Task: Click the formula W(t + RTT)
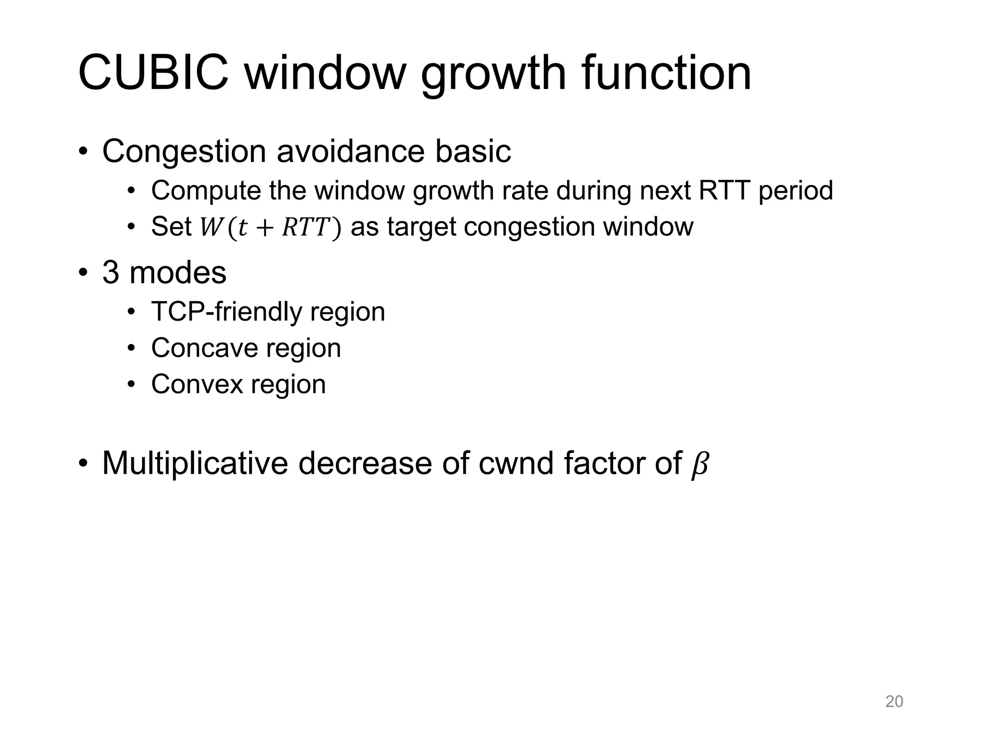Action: pos(270,227)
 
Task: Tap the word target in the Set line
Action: pos(421,227)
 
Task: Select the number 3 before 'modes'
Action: pos(111,273)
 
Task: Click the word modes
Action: pos(178,273)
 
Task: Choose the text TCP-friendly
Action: pos(226,312)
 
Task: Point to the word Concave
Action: pos(204,348)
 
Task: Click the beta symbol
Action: pos(699,464)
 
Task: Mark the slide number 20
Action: pos(894,702)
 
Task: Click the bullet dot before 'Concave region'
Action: pos(132,348)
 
